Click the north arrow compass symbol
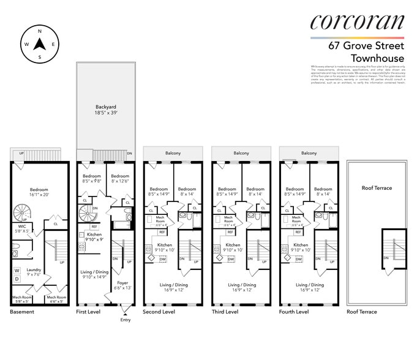click(40, 44)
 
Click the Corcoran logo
click(357, 22)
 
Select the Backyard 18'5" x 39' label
click(105, 110)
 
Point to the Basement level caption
click(22, 312)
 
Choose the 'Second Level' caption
click(159, 312)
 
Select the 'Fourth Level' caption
click(293, 312)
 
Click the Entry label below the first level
click(126, 320)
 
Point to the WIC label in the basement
click(21, 227)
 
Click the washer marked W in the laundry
click(17, 270)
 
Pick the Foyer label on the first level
click(122, 285)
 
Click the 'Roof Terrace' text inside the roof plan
click(377, 189)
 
